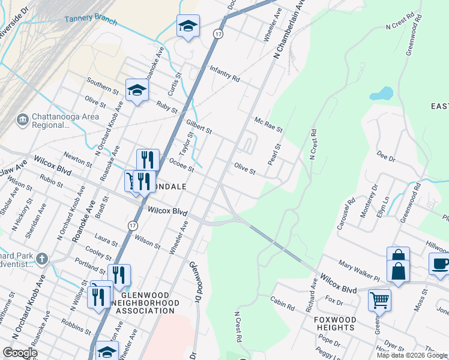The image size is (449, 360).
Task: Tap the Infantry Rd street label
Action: pos(224,74)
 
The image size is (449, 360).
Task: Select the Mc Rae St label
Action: pos(268,125)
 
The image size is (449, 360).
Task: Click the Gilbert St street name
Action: pos(199,126)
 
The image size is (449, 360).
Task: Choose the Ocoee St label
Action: pos(181,165)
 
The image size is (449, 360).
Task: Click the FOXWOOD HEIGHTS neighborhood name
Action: pos(335,323)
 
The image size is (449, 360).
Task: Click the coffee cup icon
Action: pos(439,264)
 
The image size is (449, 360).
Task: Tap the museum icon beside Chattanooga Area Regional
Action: pos(23,119)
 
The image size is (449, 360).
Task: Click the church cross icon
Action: pos(41,259)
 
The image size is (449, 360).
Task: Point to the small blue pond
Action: pos(381,94)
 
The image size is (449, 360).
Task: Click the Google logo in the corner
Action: pos(20,353)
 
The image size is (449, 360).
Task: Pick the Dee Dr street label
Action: pos(385,158)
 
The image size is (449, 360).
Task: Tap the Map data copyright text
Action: pos(412,355)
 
